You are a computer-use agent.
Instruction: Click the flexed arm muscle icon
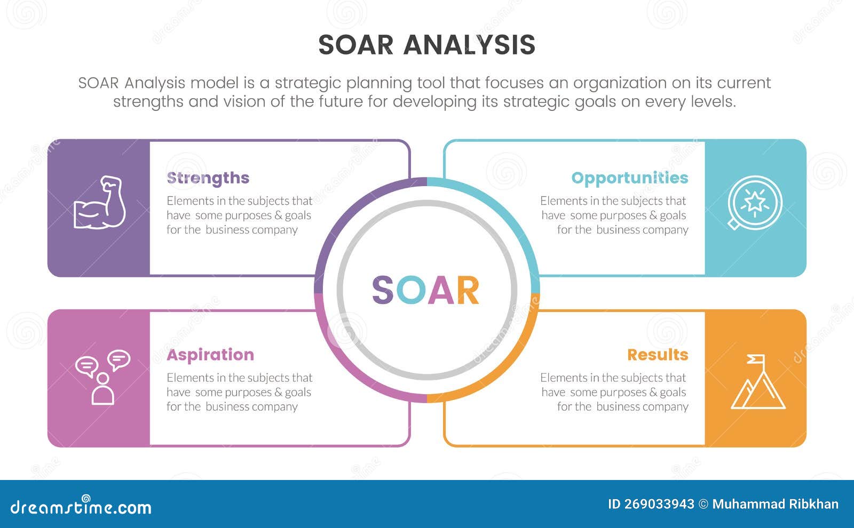(x=100, y=203)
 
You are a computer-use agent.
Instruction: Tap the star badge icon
(x=755, y=203)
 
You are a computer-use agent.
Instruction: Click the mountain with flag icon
(x=757, y=382)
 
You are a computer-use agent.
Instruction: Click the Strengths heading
(x=208, y=178)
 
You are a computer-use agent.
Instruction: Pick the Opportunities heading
(x=629, y=178)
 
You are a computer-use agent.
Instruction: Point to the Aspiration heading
(x=210, y=355)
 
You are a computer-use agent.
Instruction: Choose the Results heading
(x=657, y=355)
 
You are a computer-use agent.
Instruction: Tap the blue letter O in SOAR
(x=411, y=291)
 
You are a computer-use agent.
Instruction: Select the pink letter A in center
(x=441, y=291)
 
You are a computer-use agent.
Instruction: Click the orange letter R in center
(x=468, y=291)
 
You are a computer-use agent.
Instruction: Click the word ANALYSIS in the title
(x=469, y=45)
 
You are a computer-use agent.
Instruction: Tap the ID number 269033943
(x=660, y=504)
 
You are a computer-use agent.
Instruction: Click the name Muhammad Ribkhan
(x=775, y=504)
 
